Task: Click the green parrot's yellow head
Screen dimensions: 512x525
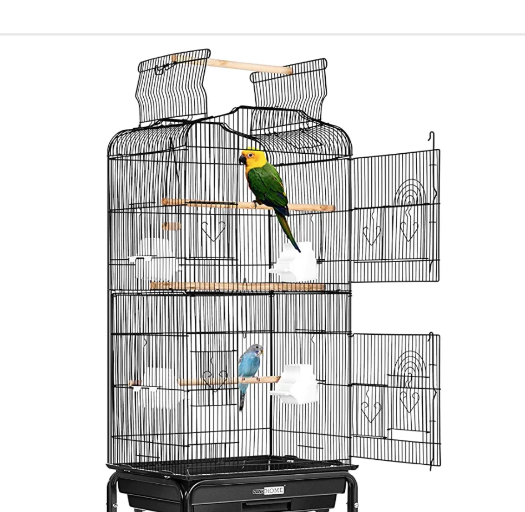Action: pos(254,159)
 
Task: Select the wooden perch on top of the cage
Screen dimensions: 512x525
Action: pos(232,65)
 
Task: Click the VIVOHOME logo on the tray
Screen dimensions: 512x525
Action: pos(269,491)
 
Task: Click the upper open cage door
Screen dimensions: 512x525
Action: pos(395,217)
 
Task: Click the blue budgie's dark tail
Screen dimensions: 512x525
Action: pos(241,401)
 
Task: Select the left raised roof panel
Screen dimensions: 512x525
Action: pos(173,86)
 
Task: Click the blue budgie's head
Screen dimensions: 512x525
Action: pos(255,351)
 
